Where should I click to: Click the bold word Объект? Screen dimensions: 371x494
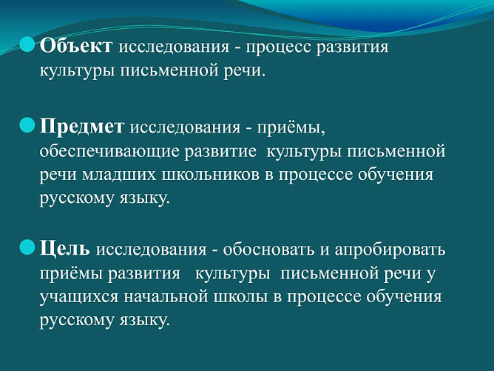click(76, 47)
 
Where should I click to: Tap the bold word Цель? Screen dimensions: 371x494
click(65, 247)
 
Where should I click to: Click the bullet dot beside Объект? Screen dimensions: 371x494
click(27, 45)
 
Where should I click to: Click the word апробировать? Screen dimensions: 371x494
click(387, 248)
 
